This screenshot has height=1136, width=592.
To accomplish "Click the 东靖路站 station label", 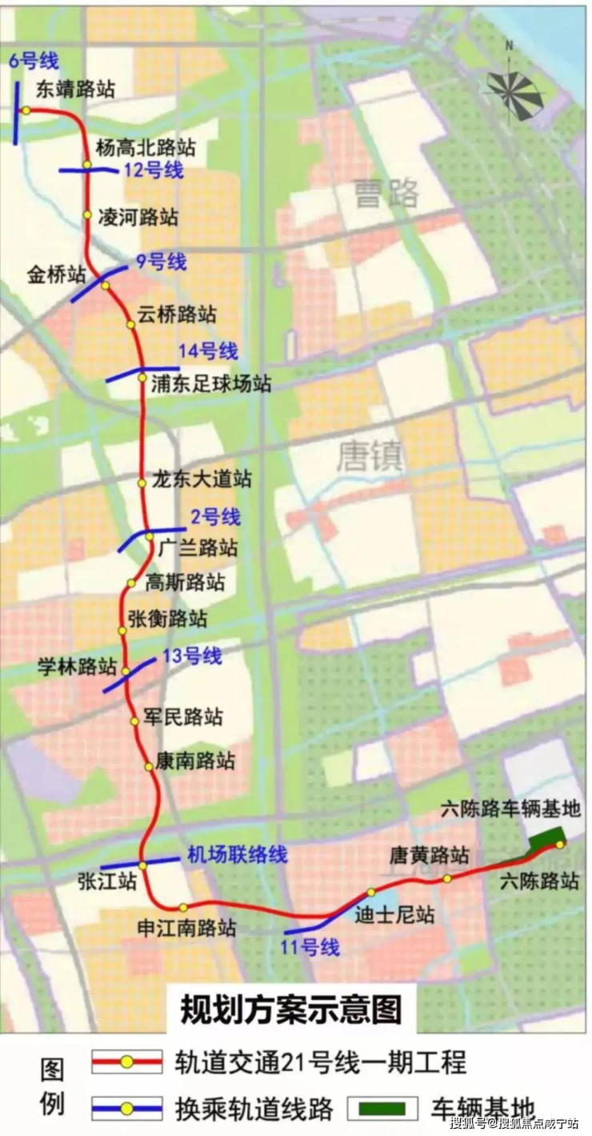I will click(75, 87).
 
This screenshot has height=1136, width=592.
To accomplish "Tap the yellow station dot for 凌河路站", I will click(87, 215).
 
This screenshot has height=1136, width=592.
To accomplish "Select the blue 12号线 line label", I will click(154, 170).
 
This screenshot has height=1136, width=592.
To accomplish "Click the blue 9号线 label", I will click(161, 262).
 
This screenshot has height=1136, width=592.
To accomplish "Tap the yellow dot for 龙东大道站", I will click(142, 483).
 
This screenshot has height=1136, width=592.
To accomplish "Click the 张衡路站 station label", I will click(166, 619).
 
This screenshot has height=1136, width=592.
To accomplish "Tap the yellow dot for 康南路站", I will click(149, 766).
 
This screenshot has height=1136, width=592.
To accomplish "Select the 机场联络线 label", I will click(237, 854).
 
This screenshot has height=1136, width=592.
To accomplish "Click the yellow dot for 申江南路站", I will click(183, 907).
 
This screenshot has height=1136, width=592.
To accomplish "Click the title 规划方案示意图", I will click(291, 1010).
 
